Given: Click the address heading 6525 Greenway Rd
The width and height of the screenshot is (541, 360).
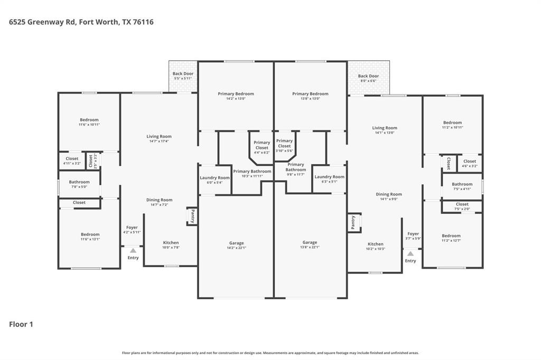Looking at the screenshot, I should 81,22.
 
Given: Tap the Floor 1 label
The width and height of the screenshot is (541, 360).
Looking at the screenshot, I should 21,324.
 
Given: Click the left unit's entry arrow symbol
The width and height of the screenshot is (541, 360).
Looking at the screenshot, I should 133,250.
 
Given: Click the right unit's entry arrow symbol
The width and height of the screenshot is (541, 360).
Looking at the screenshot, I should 411,254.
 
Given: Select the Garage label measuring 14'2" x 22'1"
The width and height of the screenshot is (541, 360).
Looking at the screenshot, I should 236,245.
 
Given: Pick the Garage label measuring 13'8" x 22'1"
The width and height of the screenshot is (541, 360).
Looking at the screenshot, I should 310,245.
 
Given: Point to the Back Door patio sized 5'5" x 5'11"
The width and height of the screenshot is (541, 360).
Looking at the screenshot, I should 183,76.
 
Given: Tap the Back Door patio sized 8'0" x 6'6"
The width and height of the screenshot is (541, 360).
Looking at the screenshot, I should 368,78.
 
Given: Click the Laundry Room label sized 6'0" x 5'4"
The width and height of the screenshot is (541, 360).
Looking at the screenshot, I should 214,180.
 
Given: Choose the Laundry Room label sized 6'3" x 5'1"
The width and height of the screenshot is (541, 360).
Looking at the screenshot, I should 329,179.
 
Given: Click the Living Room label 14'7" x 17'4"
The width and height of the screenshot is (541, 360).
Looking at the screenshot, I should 159,139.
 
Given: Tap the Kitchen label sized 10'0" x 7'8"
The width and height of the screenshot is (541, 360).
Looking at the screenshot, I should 171,245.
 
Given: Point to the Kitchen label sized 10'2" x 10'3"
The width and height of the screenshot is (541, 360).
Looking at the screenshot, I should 376,246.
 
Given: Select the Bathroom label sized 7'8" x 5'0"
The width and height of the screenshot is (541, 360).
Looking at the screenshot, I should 79,184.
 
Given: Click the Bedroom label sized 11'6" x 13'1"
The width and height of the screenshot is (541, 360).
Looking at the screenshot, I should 90,236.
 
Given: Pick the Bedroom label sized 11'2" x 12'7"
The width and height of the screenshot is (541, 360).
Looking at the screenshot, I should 451,238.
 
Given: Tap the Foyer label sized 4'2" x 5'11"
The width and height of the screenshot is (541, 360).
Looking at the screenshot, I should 132,230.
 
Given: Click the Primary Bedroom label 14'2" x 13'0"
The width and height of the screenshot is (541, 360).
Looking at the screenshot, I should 236,96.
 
